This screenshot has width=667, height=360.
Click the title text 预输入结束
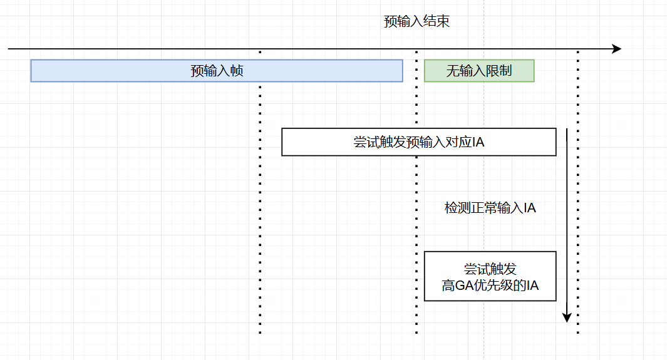point(416,21)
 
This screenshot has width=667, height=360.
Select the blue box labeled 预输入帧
point(216,71)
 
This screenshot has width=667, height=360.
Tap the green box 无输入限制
point(479,71)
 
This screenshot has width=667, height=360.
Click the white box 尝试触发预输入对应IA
point(418,142)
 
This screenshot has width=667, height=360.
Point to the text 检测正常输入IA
point(490,208)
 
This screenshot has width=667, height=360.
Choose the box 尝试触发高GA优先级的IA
point(490,276)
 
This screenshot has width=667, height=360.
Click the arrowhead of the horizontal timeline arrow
point(617,49)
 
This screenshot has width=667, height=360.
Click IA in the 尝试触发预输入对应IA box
point(478,143)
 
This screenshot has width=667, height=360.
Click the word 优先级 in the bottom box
point(499,286)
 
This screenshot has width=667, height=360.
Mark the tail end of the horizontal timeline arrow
point(9,49)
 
